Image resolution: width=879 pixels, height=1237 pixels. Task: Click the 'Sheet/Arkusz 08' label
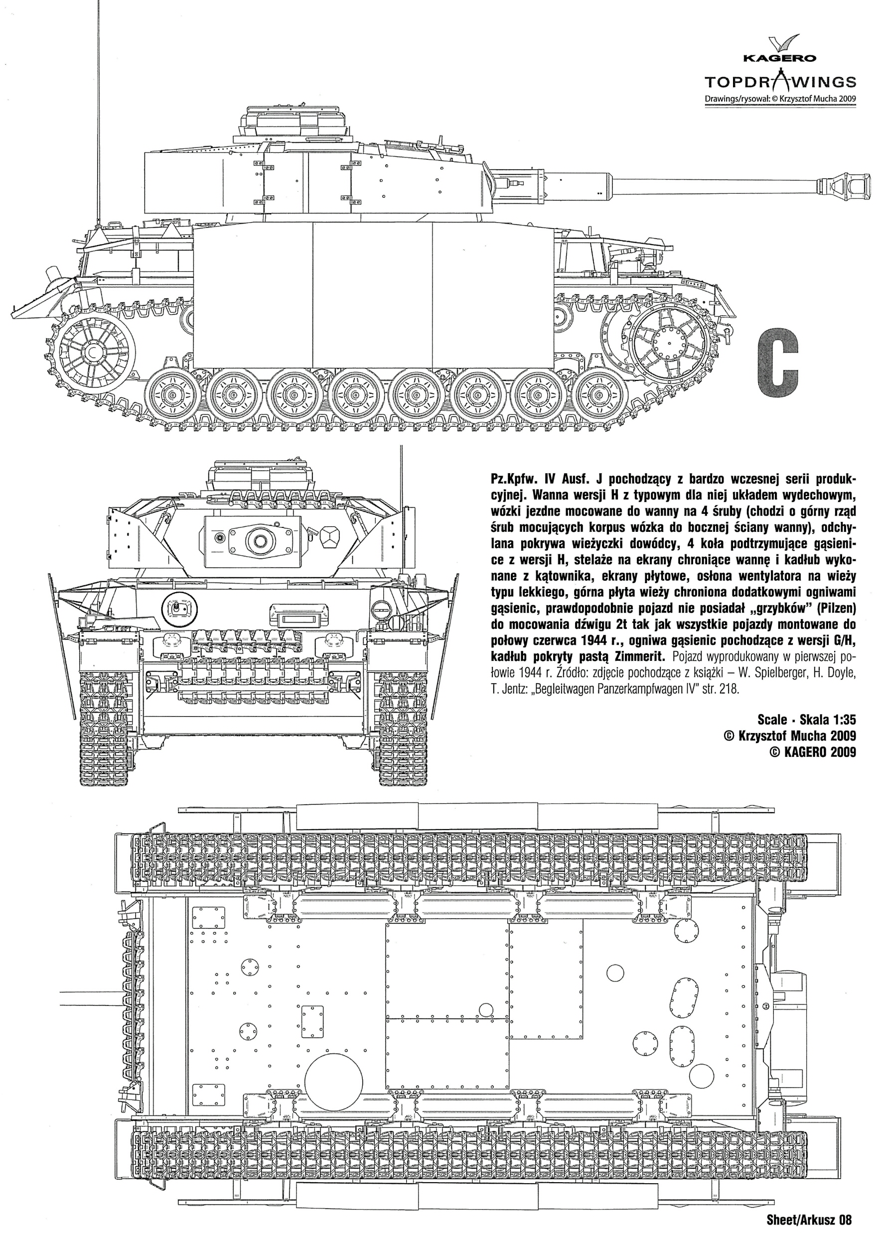tap(809, 1221)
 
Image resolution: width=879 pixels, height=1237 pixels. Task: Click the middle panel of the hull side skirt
tap(373, 295)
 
